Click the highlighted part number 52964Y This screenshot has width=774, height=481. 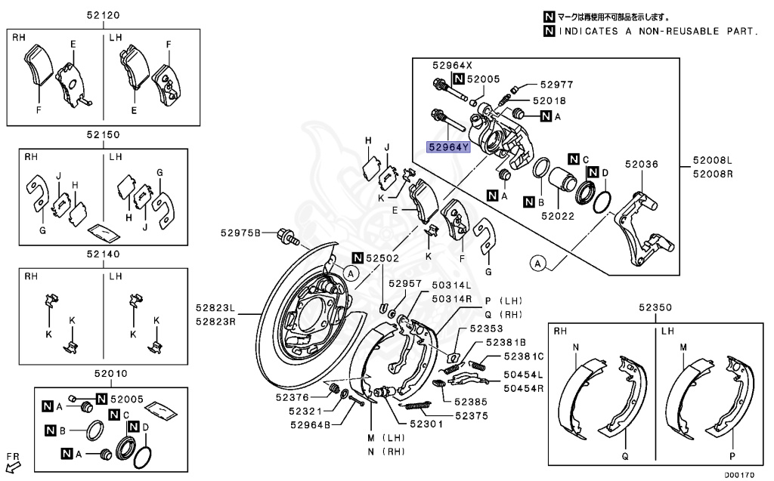[446, 147]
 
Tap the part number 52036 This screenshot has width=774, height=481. [640, 164]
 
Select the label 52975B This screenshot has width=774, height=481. [240, 233]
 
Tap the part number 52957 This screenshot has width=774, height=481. [405, 283]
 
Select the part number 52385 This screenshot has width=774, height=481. [471, 402]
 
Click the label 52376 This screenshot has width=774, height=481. [292, 398]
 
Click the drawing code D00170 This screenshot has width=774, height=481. [741, 475]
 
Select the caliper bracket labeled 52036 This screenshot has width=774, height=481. [641, 230]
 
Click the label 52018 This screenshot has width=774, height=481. [549, 100]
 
